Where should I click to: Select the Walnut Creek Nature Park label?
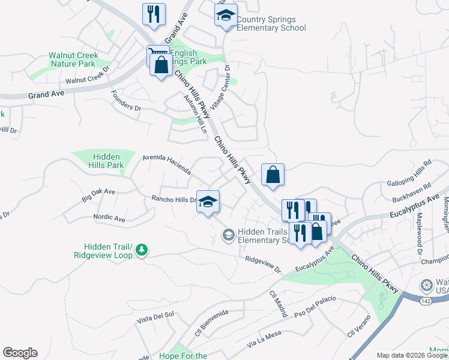[73, 59]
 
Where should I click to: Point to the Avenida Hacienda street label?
[166, 163]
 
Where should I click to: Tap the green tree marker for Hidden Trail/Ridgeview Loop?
[141, 249]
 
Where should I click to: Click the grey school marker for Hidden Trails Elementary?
[228, 235]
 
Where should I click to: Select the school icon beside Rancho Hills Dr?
[208, 202]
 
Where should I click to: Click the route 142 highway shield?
[426, 301]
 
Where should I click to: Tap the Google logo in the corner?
[20, 353]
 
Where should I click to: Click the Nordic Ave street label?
[109, 219]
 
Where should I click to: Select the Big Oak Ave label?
[98, 194]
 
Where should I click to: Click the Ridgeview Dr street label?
[263, 265]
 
